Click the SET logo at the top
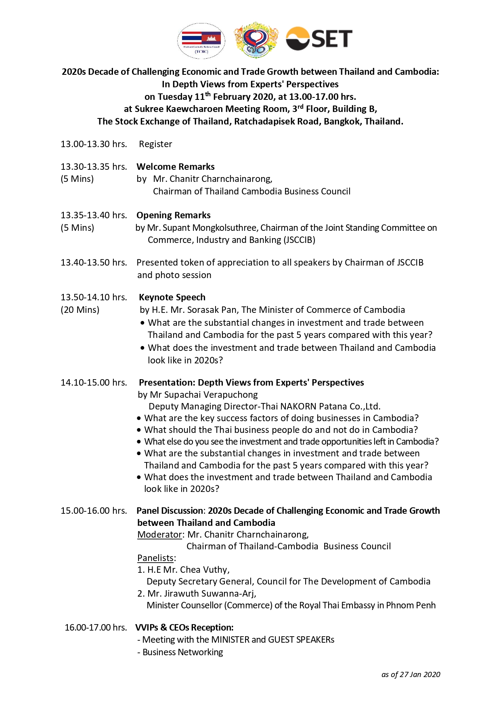[x=319, y=39]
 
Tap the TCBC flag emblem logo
[x=201, y=40]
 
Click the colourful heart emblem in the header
[x=256, y=40]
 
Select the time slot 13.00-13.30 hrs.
[x=94, y=144]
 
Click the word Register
[x=155, y=144]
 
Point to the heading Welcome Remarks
[x=176, y=167]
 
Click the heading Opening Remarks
[x=174, y=215]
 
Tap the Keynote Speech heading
[x=172, y=298]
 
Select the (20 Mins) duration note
[x=80, y=310]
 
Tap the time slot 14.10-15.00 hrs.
[x=94, y=382]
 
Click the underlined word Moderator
[x=159, y=534]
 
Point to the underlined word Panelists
[x=155, y=558]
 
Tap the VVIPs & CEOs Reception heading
[x=184, y=627]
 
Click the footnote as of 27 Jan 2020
[x=411, y=674]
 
